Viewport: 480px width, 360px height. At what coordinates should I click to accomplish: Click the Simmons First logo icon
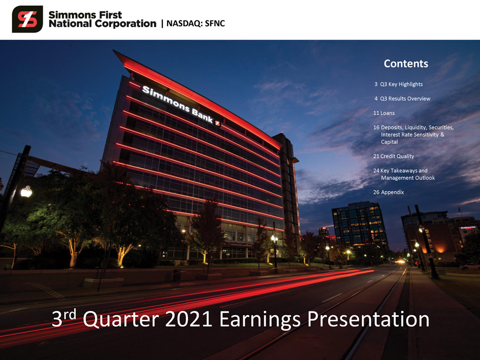[27, 19]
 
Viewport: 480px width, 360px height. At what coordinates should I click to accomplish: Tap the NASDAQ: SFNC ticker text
[195, 24]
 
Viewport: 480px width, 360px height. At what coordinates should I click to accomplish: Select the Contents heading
[406, 64]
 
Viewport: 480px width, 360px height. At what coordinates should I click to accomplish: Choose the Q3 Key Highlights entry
[398, 84]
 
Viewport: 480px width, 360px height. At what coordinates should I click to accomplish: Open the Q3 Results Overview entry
[402, 99]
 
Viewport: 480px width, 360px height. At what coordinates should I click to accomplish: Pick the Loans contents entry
[384, 113]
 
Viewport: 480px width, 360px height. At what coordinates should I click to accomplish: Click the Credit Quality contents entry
[394, 156]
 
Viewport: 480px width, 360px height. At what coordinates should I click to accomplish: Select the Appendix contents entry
[388, 192]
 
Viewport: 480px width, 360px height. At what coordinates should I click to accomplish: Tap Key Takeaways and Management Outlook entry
[404, 174]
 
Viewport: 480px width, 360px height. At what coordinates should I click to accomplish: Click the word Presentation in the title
[368, 319]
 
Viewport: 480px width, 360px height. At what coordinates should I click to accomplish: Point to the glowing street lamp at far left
[26, 192]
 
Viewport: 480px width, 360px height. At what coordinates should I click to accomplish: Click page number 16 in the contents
[376, 128]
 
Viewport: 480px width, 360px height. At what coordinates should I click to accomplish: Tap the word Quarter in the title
[121, 319]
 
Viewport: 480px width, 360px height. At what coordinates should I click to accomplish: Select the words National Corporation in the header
[102, 24]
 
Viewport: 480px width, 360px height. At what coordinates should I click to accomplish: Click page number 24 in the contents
[376, 170]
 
